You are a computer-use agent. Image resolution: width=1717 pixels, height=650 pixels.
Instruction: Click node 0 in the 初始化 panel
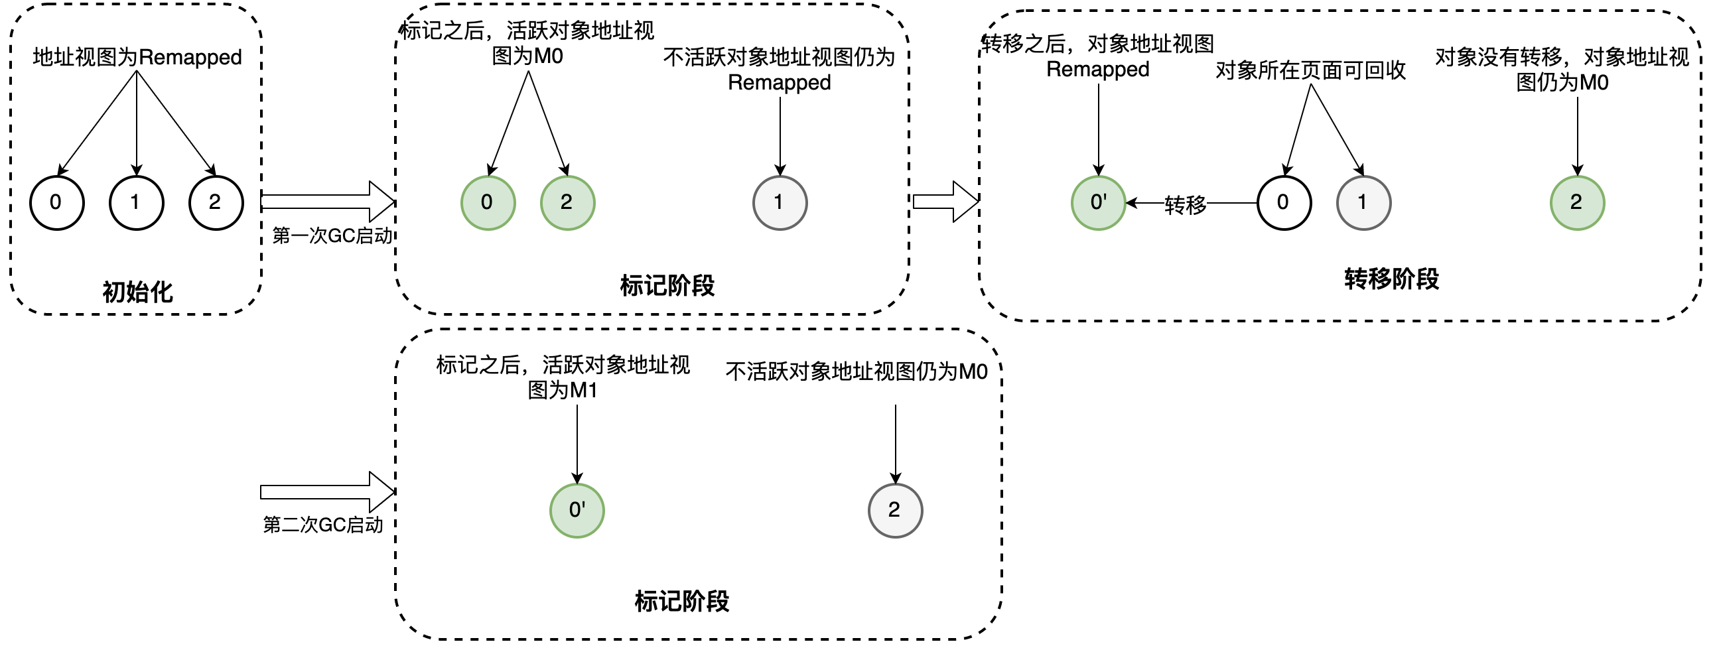(x=56, y=203)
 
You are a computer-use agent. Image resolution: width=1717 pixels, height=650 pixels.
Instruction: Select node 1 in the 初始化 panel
(x=136, y=203)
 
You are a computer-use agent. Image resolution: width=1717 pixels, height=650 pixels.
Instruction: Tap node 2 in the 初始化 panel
(x=216, y=203)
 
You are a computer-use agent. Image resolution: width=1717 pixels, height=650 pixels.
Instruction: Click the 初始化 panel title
(x=137, y=292)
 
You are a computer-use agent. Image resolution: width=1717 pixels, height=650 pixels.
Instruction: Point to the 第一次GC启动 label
(x=332, y=235)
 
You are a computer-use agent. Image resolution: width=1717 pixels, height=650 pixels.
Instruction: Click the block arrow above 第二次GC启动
(x=326, y=492)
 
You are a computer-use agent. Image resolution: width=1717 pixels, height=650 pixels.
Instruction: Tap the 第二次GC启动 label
(x=323, y=525)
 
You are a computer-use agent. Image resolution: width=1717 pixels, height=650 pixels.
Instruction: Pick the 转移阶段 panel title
(x=1392, y=279)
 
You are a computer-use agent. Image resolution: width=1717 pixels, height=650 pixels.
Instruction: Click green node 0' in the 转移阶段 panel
(x=1099, y=203)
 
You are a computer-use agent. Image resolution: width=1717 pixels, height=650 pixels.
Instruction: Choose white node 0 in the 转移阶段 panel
(x=1284, y=203)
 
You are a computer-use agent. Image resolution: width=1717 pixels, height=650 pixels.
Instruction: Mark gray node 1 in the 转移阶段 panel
(x=1364, y=203)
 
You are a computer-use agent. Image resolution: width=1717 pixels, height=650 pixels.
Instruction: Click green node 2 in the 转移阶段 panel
(x=1577, y=203)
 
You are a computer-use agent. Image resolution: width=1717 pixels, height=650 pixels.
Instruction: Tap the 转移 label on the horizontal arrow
(x=1185, y=205)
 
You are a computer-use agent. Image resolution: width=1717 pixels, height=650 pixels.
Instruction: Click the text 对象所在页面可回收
(x=1310, y=70)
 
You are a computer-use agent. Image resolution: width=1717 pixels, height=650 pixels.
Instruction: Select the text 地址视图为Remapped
(x=137, y=57)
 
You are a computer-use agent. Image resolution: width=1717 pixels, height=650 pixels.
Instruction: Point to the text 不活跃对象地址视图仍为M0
(x=857, y=371)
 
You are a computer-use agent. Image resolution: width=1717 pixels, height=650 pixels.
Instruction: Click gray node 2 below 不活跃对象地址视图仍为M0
(x=895, y=510)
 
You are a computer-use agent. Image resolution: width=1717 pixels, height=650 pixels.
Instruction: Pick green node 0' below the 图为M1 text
(x=577, y=510)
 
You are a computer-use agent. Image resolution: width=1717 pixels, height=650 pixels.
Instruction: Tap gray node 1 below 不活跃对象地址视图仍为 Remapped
(x=780, y=203)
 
